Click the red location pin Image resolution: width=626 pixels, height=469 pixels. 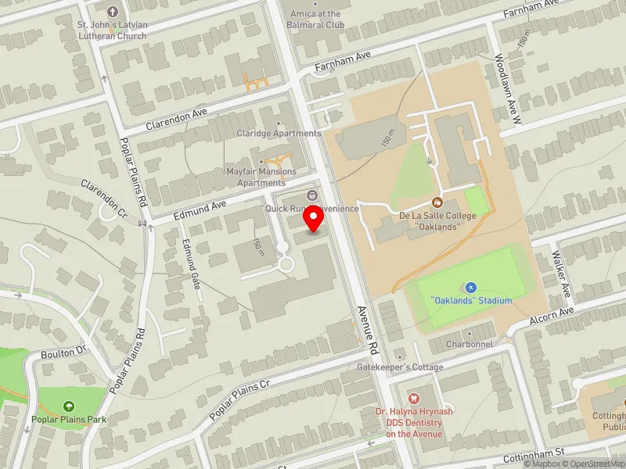pos(314,218)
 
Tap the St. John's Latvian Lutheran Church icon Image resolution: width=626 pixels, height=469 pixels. pos(112,12)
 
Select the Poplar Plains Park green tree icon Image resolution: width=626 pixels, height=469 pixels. pos(69,406)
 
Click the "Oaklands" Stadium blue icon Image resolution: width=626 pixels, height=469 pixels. pos(471,288)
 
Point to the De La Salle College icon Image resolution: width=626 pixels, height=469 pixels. pos(437,203)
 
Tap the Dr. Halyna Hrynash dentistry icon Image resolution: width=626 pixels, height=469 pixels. pos(414,399)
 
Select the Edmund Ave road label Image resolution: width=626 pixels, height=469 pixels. pos(200,209)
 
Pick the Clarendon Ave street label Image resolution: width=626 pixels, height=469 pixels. pos(176,118)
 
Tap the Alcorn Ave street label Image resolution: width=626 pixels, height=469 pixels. pos(551,313)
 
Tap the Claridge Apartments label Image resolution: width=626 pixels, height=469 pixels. pos(279,134)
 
